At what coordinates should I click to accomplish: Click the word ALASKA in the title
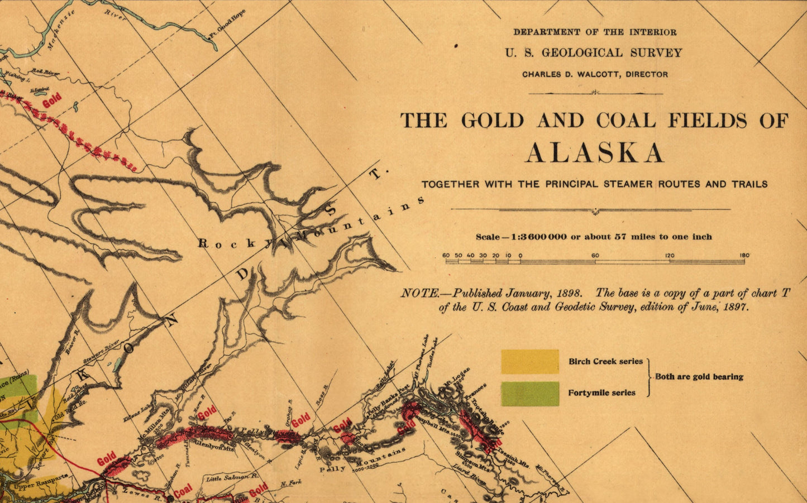tap(594, 153)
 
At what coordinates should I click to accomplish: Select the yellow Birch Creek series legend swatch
tap(529, 361)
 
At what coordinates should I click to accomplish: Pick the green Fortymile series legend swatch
tap(529, 393)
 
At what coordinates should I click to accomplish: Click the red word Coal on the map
tap(183, 491)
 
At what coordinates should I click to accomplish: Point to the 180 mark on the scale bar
tap(744, 256)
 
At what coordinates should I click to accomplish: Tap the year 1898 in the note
tap(569, 293)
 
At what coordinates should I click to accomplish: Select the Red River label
tap(45, 72)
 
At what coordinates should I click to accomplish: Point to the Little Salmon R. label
tap(231, 478)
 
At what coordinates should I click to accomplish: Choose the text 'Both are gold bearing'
tap(699, 377)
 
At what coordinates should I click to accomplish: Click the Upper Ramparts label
tap(40, 482)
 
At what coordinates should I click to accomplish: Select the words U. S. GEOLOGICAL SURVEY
tap(594, 53)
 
